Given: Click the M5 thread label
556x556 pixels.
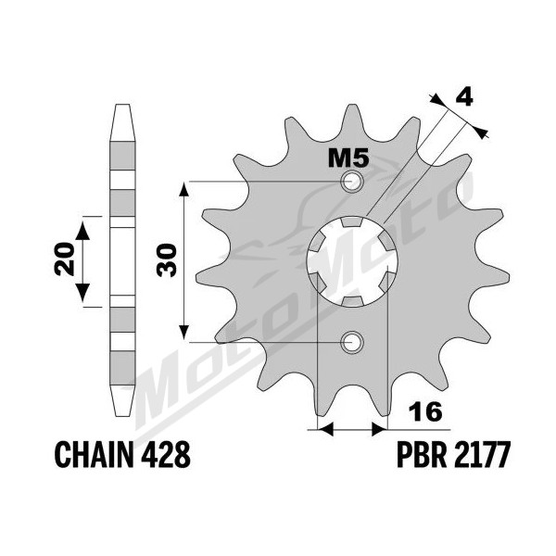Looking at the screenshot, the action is pyautogui.click(x=348, y=158).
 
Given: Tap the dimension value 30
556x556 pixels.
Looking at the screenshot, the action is pyautogui.click(x=166, y=259).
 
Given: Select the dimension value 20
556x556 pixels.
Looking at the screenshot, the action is pyautogui.click(x=65, y=259).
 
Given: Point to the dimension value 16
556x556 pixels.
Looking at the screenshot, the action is pyautogui.click(x=425, y=411).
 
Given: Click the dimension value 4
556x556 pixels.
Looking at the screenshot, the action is pyautogui.click(x=464, y=97).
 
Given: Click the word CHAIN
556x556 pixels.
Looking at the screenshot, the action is pyautogui.click(x=95, y=455).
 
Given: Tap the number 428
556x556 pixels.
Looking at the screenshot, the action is pyautogui.click(x=166, y=455).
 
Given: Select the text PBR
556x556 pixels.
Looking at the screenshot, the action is pyautogui.click(x=422, y=455).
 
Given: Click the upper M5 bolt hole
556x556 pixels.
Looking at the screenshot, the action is pyautogui.click(x=352, y=182).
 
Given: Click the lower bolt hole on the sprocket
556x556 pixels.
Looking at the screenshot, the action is pyautogui.click(x=352, y=343).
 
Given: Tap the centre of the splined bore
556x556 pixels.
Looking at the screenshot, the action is pyautogui.click(x=352, y=261).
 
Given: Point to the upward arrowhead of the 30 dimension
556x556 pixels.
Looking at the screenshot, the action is pyautogui.click(x=183, y=191).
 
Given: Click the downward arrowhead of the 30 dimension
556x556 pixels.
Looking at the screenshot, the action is pyautogui.click(x=183, y=333).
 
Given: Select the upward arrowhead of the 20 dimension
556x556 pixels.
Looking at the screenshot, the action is pyautogui.click(x=83, y=231).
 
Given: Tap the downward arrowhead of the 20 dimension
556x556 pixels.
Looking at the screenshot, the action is pyautogui.click(x=83, y=293).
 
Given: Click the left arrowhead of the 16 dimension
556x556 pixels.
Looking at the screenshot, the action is pyautogui.click(x=326, y=430).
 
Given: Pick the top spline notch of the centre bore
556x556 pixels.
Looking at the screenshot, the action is pyautogui.click(x=351, y=221).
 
